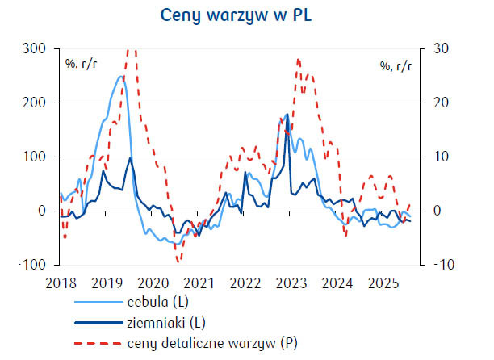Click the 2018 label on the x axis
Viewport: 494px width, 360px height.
pos(61,283)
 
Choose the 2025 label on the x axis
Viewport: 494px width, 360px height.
pos(383,283)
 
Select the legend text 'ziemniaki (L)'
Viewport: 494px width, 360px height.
pos(165,324)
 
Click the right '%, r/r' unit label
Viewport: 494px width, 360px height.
pos(396,65)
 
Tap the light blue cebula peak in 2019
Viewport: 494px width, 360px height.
pos(120,77)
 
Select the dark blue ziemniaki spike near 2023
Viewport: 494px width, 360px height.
pos(287,115)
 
